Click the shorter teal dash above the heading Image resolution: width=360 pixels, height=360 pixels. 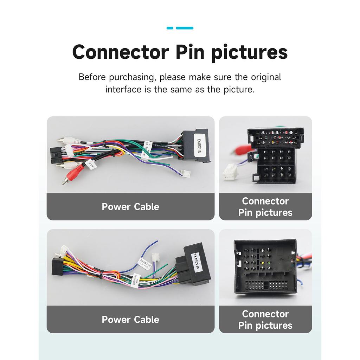click(x=170, y=28)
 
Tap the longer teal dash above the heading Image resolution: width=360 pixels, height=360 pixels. click(x=185, y=28)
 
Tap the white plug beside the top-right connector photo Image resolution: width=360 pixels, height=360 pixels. click(x=229, y=173)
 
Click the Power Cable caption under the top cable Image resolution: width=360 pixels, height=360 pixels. click(x=130, y=207)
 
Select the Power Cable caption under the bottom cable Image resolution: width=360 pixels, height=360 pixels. click(x=130, y=320)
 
